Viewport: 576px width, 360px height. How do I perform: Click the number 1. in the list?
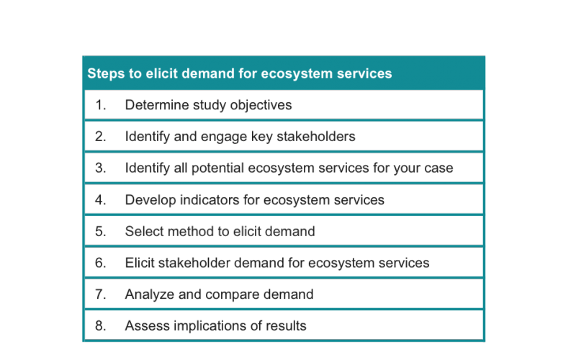[x=101, y=105]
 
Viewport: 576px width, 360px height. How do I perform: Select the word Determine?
[x=157, y=105]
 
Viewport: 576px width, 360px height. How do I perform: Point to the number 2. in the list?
[x=101, y=137]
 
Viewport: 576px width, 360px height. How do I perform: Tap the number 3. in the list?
[x=101, y=168]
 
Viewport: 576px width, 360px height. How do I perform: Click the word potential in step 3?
[x=218, y=168]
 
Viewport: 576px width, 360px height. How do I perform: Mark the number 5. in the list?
[x=101, y=231]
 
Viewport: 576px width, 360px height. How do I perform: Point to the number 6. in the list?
[x=101, y=263]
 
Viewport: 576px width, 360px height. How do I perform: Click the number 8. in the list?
[x=101, y=326]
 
